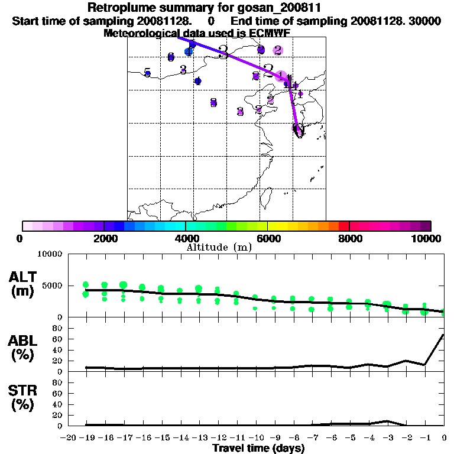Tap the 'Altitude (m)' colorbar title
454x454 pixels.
click(219, 247)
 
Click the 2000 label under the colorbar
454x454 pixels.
click(104, 238)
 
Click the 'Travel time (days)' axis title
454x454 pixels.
click(258, 448)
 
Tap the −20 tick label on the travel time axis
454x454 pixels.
click(68, 437)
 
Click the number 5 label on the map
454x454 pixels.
click(147, 72)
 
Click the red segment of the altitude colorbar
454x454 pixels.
click(343, 226)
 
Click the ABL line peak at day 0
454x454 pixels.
click(443, 335)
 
